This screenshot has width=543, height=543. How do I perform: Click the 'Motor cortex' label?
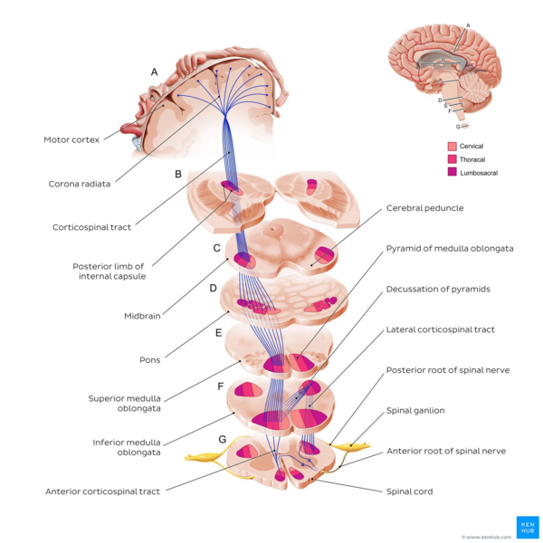click(71, 139)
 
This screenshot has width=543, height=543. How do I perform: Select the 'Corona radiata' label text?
click(80, 184)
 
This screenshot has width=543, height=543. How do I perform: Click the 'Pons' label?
click(149, 359)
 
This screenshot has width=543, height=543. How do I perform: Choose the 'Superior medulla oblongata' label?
click(124, 404)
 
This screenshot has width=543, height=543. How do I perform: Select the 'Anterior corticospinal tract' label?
click(103, 491)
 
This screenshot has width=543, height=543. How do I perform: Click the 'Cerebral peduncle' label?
click(424, 207)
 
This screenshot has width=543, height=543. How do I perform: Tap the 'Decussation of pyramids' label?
click(438, 289)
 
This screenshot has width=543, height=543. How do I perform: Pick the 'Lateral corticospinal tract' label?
click(440, 329)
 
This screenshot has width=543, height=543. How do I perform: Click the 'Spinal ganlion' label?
click(416, 410)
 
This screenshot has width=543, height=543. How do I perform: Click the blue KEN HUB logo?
click(526, 527)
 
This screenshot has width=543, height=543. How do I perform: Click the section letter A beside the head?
click(155, 71)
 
